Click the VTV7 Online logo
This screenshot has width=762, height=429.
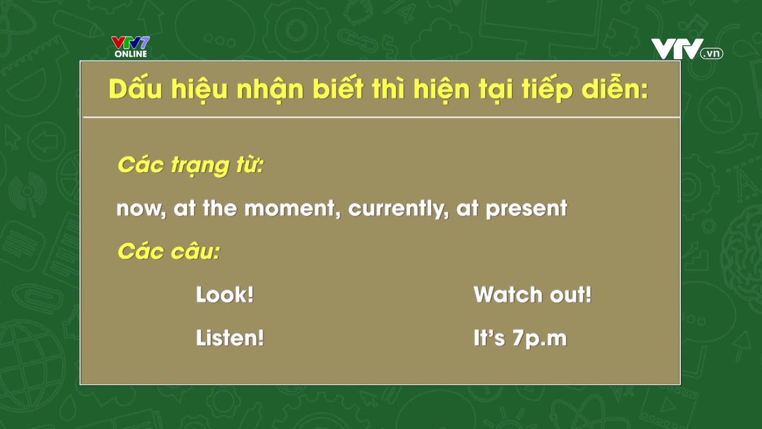click(x=130, y=46)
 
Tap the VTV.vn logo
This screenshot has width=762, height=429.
click(x=687, y=49)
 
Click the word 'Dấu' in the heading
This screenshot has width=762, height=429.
click(x=135, y=89)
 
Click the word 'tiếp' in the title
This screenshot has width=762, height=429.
click(x=546, y=89)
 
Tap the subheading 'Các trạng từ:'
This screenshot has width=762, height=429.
click(x=190, y=166)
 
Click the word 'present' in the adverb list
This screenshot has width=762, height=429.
click(x=526, y=209)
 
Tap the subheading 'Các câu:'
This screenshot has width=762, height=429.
click(x=168, y=251)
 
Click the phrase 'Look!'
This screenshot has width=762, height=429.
click(x=224, y=294)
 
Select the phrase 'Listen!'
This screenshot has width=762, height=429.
click(x=230, y=338)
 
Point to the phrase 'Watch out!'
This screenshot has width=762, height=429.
click(x=532, y=294)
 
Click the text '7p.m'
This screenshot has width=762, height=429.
click(x=539, y=339)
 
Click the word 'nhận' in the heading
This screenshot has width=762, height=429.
click(x=270, y=89)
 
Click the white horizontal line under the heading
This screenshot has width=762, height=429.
click(x=381, y=118)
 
